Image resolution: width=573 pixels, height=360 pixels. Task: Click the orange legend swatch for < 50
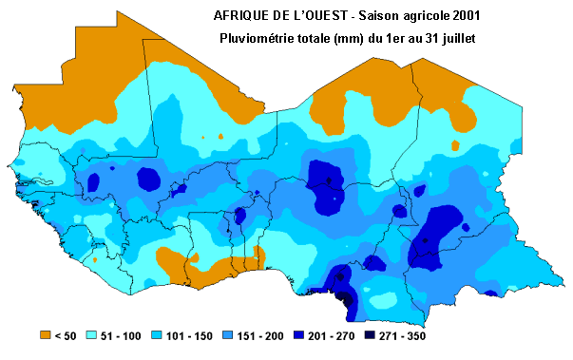(44, 334)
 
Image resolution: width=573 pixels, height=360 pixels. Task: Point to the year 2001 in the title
(461, 16)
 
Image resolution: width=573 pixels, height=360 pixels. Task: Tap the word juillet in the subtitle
(454, 37)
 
